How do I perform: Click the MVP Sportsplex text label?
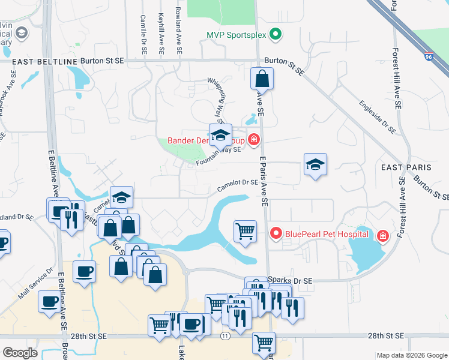236,34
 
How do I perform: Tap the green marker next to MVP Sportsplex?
275,34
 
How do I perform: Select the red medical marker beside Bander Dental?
254,140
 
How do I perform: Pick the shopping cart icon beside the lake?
245,230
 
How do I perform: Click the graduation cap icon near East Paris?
315,164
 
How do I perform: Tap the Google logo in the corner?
20,353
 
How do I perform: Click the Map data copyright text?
411,355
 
